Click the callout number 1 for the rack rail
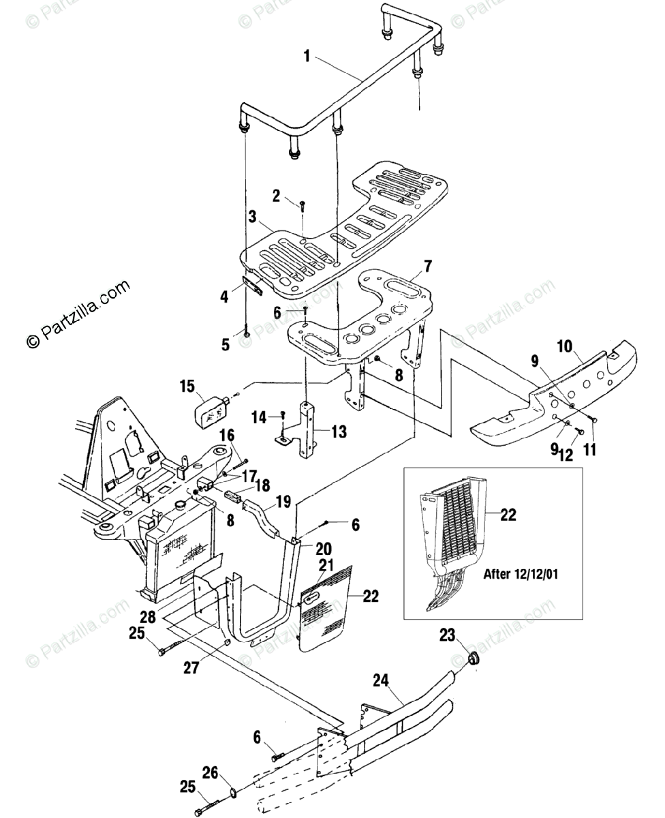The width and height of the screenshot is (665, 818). point(307,57)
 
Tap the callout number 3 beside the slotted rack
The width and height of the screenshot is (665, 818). point(252,218)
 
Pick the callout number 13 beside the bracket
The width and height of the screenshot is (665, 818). point(339,432)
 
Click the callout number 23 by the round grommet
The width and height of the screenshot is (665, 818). point(446,637)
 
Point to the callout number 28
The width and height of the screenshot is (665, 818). point(148,617)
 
